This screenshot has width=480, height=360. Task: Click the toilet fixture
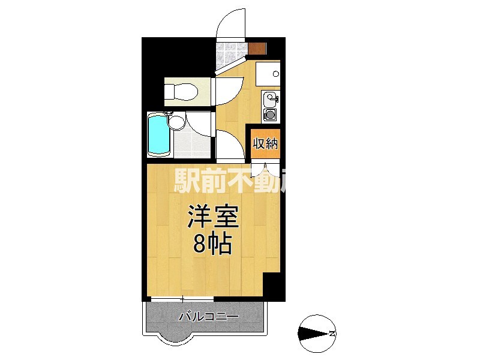tap(180, 92)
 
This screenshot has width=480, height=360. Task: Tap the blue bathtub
tap(158, 134)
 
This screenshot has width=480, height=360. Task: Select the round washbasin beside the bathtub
tap(176, 122)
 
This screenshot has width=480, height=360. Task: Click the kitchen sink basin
tap(270, 98)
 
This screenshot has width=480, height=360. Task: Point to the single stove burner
tap(270, 114)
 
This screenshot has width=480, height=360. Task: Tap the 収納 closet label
tap(265, 143)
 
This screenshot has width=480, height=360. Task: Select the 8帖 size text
tap(212, 244)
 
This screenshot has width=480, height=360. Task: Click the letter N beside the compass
tap(332, 333)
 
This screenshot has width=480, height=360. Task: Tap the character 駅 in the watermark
tap(187, 181)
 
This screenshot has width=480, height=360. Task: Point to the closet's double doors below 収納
tap(265, 167)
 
